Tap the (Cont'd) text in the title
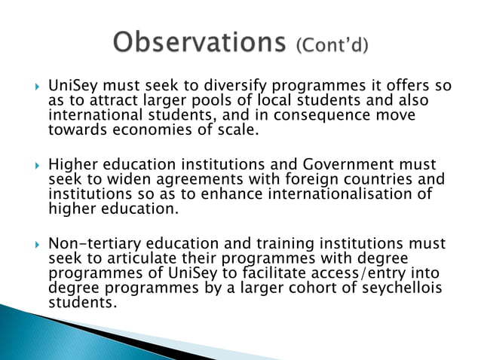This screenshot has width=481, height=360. point(332,45)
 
